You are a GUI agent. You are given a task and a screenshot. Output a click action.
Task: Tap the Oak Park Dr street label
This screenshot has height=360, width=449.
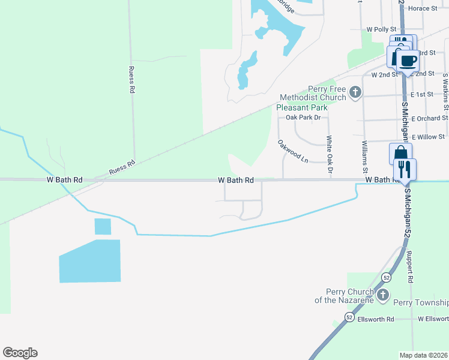303,118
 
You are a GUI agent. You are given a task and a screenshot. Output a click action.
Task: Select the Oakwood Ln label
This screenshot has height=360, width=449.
292,152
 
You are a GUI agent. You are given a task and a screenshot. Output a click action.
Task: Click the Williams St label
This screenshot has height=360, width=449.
365,156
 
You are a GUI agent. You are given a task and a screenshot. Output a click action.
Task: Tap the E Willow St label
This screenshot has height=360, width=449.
427,137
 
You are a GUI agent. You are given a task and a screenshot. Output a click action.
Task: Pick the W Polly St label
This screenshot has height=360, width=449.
382,29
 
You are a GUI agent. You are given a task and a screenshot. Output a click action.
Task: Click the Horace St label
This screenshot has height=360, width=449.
423,8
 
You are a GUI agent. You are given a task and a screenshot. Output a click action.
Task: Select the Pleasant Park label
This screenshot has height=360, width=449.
302,107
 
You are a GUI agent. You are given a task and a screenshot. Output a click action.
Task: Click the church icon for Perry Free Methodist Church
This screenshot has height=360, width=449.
355,92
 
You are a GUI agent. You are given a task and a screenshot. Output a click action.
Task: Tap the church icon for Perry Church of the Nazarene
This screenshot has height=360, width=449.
382,295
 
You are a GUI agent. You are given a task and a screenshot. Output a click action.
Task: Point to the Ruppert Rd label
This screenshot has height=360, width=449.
411,267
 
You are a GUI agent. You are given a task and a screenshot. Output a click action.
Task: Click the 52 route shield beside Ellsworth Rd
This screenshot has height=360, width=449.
349,316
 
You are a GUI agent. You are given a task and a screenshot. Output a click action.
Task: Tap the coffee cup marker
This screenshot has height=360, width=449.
408,61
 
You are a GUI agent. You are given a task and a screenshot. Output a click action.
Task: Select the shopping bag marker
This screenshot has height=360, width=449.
400,154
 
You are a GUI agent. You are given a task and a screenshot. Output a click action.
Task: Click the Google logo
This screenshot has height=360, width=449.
20,353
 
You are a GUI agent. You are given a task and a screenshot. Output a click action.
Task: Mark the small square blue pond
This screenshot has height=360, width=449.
103,226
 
